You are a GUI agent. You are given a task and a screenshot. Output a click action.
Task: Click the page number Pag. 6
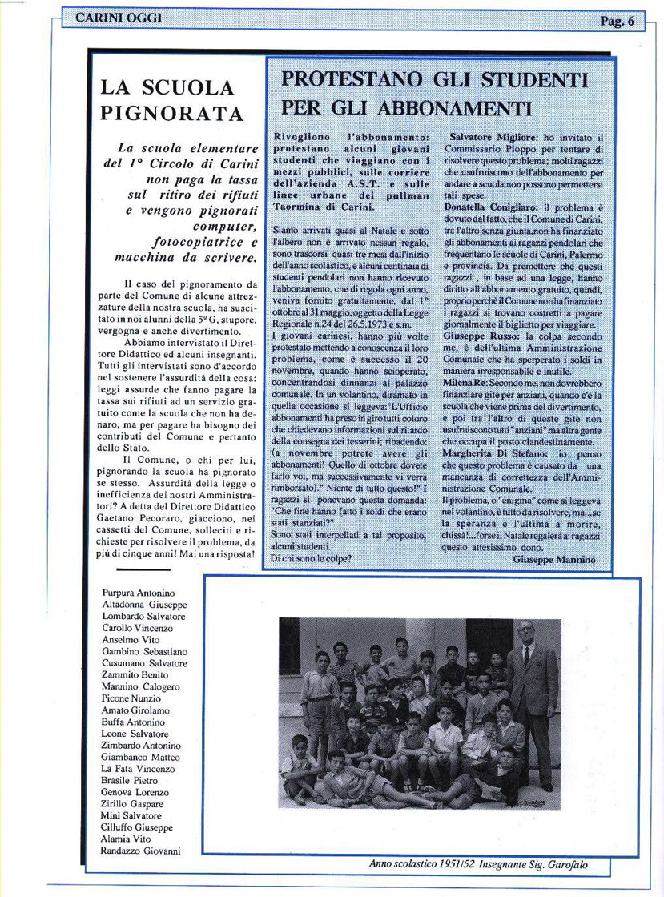(x=616, y=22)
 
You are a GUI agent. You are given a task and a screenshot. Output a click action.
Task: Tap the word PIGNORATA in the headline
(x=171, y=114)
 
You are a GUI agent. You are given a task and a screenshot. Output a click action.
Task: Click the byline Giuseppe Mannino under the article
(x=553, y=560)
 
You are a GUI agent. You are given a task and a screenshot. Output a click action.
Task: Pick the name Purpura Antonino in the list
(x=139, y=593)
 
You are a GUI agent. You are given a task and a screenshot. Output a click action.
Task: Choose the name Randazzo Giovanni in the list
(x=140, y=851)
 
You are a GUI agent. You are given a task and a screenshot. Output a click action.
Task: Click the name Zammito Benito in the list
(x=135, y=675)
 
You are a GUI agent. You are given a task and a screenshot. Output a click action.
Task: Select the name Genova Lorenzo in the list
(x=135, y=792)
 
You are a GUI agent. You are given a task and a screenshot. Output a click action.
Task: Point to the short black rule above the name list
(x=143, y=569)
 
